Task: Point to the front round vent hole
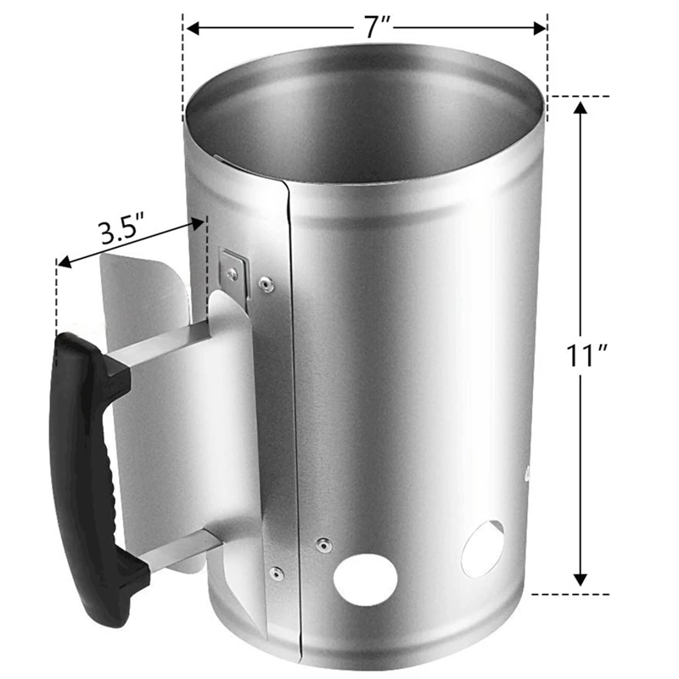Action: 366,579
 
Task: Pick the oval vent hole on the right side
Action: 482,548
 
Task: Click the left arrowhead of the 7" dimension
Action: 192,28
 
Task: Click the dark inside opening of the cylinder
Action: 365,119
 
